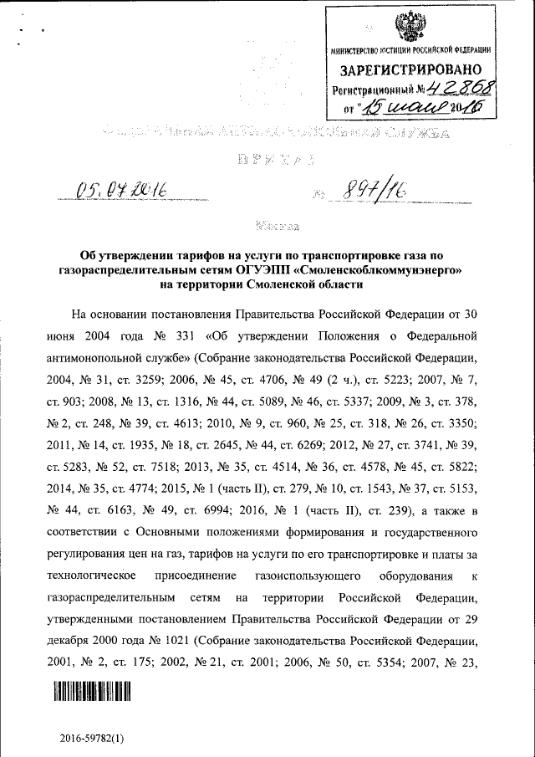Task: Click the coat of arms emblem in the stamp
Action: point(410,28)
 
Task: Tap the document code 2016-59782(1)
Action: point(91,738)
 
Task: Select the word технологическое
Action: point(107,576)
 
